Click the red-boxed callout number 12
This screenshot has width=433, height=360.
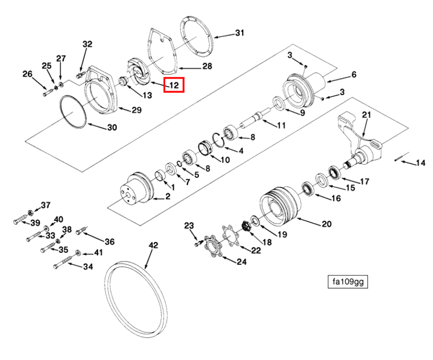(x=173, y=85)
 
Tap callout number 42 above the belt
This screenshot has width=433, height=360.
(x=153, y=246)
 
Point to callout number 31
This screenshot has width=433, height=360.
(x=239, y=33)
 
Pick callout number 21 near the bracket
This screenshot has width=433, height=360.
(x=366, y=115)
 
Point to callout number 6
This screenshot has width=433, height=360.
(x=353, y=75)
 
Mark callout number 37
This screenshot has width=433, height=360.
(x=46, y=205)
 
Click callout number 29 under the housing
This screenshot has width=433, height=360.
(x=136, y=109)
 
